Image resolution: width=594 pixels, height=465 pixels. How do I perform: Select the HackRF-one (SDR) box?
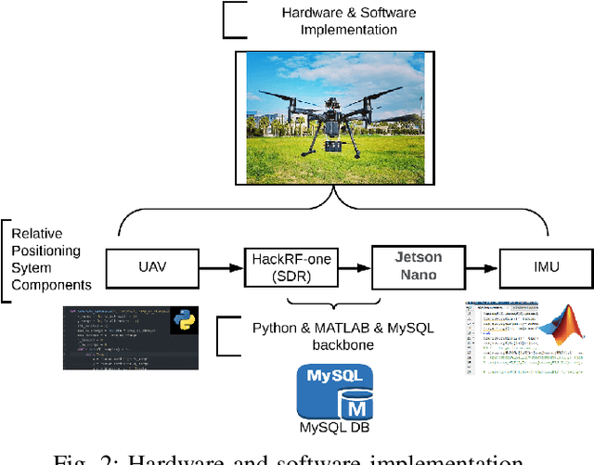pyautogui.click(x=289, y=268)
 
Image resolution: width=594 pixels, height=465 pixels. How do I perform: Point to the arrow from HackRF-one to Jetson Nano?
pyautogui.click(x=353, y=268)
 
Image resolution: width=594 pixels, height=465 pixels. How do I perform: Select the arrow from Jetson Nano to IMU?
pyautogui.click(x=482, y=268)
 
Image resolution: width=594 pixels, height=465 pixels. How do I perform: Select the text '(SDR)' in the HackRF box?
pyautogui.click(x=289, y=277)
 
